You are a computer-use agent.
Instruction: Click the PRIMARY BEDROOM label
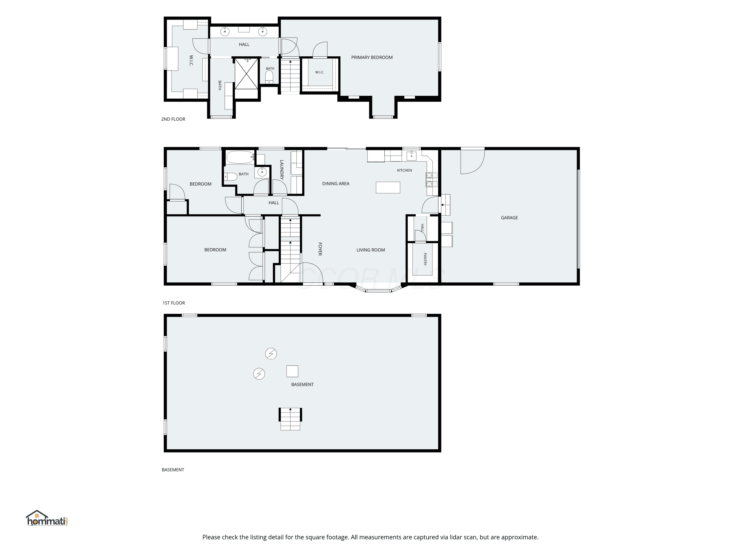coord(372,57)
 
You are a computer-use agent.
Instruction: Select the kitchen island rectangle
coord(388,187)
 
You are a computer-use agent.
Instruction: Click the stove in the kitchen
coord(432,179)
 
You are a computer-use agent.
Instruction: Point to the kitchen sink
coord(411,156)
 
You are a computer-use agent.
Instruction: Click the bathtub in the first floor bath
coord(240,157)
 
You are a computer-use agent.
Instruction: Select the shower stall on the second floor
coord(246,74)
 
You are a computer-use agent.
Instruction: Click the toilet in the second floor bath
coord(269,77)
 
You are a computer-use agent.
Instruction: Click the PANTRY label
coord(425,259)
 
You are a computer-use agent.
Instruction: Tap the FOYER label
coord(320,249)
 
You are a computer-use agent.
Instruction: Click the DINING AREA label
coord(336,184)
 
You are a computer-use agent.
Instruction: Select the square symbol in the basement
coord(292,371)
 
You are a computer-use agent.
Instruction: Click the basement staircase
coord(290,419)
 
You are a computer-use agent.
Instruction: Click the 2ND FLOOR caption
coord(173,119)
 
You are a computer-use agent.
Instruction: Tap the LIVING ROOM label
coord(370,250)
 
